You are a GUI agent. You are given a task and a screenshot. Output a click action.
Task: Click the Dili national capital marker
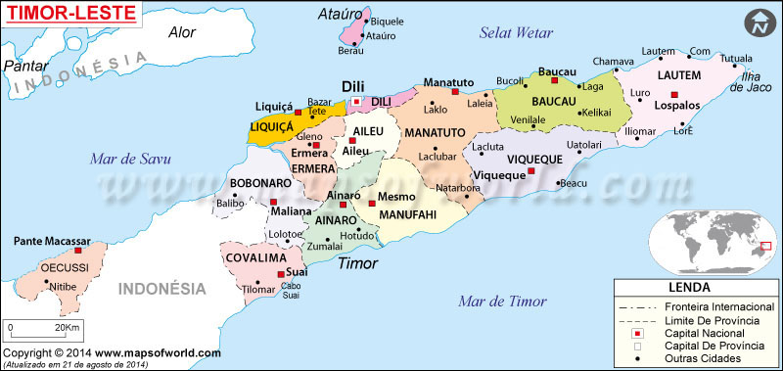357,101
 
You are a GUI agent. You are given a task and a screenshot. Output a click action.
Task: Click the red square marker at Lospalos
673,95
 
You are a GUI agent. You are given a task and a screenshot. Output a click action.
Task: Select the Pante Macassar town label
52,241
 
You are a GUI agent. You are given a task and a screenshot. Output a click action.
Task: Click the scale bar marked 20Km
39,329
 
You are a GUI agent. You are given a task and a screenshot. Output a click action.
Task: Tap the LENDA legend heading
696,289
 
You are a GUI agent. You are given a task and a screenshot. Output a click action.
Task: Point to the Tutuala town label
736,58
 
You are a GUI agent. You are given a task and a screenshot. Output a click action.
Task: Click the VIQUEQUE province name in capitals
533,158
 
